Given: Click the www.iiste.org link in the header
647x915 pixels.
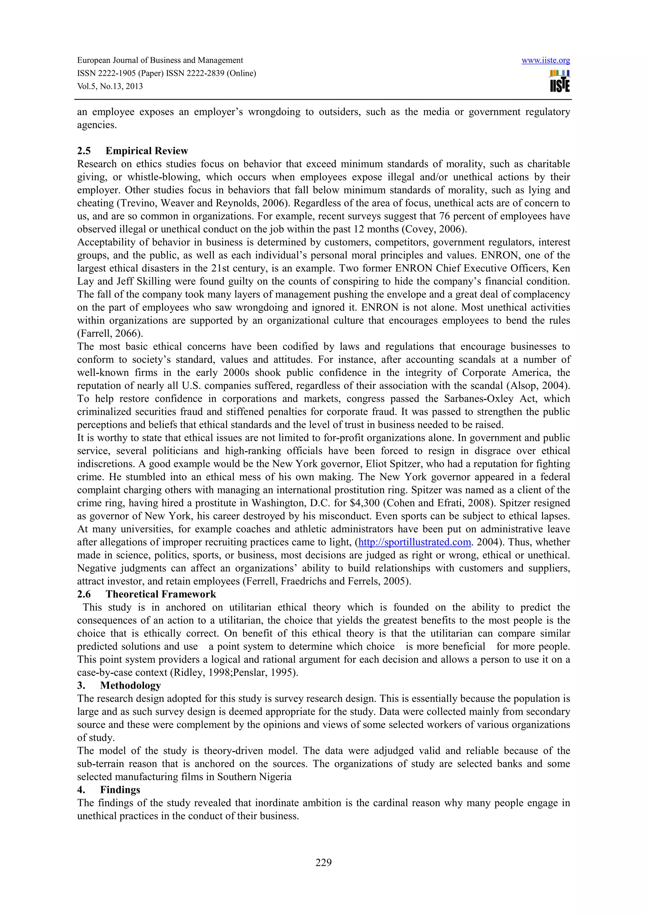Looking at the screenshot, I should point(545,61).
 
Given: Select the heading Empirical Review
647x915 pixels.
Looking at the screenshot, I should point(147,151).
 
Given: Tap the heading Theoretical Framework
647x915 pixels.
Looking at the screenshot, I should point(161,594).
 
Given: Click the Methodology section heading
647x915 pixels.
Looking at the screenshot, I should point(130,685).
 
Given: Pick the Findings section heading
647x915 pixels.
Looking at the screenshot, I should point(120,790).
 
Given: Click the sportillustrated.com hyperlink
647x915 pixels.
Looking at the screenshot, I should point(414,542).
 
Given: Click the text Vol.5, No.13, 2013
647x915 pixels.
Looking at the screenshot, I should point(110,87).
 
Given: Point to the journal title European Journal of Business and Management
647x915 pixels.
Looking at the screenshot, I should point(160,61).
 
